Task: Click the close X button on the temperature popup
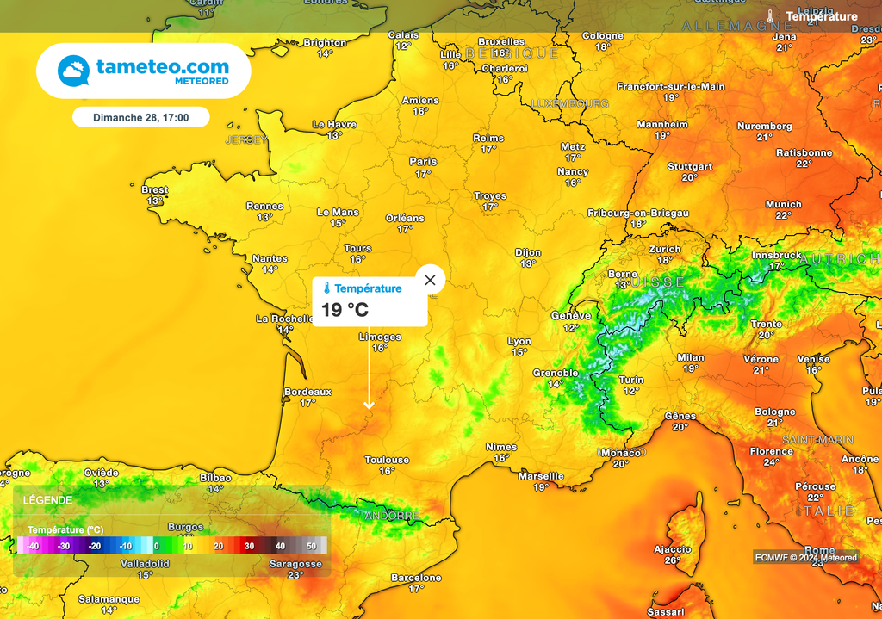click(x=430, y=280)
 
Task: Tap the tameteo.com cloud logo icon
click(x=73, y=71)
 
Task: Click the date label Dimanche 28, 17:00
click(x=140, y=117)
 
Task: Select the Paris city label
click(x=423, y=162)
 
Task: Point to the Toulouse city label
click(x=387, y=460)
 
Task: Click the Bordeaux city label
click(x=307, y=392)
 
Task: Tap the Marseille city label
click(x=541, y=476)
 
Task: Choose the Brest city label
click(x=155, y=190)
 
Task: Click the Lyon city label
click(x=519, y=341)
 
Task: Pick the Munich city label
click(x=783, y=205)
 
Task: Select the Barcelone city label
click(x=416, y=578)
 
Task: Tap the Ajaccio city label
click(x=673, y=549)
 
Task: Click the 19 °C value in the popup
click(x=345, y=310)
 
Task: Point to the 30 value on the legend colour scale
click(x=249, y=546)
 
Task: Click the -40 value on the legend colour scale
click(x=33, y=546)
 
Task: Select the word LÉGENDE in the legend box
click(x=48, y=499)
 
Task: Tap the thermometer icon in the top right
click(x=771, y=16)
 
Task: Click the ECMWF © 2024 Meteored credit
click(x=805, y=557)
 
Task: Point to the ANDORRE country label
click(x=392, y=516)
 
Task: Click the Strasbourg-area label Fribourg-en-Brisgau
click(x=638, y=213)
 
